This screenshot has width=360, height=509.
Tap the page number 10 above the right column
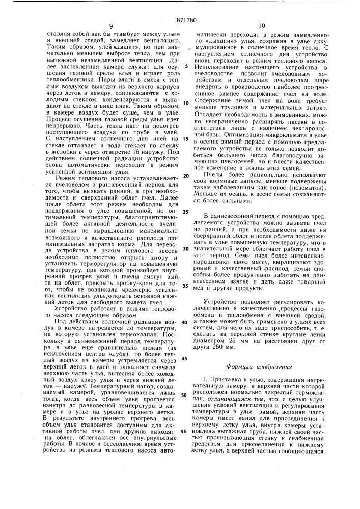262,25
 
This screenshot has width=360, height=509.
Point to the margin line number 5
187,66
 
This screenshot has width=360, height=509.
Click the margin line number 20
187,176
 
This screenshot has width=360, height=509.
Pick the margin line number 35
187,286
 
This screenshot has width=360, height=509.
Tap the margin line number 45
186,359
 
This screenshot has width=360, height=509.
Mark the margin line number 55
186,431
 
